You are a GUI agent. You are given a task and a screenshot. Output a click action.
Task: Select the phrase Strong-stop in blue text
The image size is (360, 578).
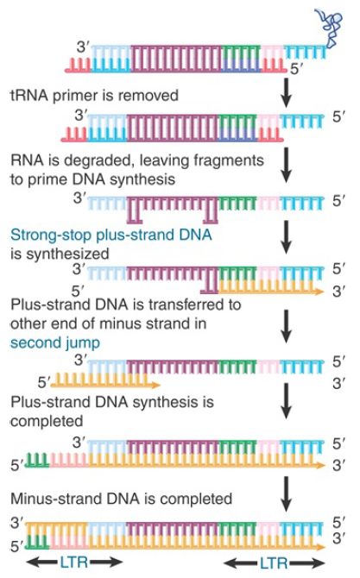click(51, 236)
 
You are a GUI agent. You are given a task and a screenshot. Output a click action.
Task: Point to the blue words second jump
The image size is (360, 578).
click(55, 342)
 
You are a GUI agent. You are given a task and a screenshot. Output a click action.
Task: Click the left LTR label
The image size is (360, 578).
click(74, 562)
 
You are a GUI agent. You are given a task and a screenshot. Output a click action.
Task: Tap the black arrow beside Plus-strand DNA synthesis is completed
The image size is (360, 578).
click(287, 400)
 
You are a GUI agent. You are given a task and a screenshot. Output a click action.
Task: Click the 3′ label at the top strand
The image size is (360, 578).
click(83, 47)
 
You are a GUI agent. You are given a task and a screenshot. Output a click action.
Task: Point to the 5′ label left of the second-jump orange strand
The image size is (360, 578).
click(43, 383)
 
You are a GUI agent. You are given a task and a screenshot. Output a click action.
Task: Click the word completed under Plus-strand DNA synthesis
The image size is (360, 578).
click(47, 421)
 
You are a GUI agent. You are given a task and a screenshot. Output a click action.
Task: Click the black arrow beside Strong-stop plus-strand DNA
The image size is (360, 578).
click(287, 238)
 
